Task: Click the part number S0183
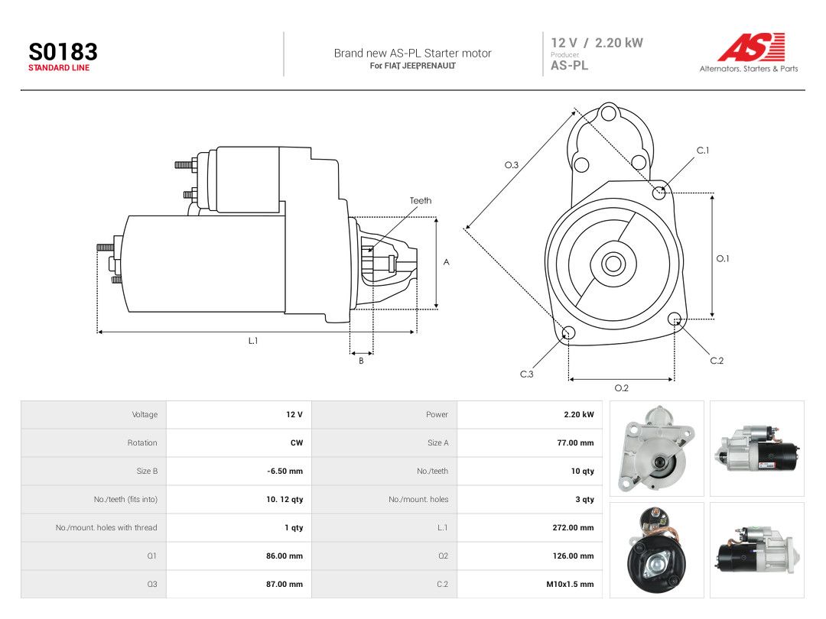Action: point(63,52)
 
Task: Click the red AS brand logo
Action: point(752,47)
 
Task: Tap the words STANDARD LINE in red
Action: point(59,68)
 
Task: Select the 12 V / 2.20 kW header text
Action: point(597,43)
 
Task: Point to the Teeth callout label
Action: point(421,200)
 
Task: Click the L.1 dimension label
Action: point(253,341)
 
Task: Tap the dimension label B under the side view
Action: point(361,361)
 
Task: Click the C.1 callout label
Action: point(703,151)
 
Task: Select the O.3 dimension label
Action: point(512,165)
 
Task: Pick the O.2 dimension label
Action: point(622,388)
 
